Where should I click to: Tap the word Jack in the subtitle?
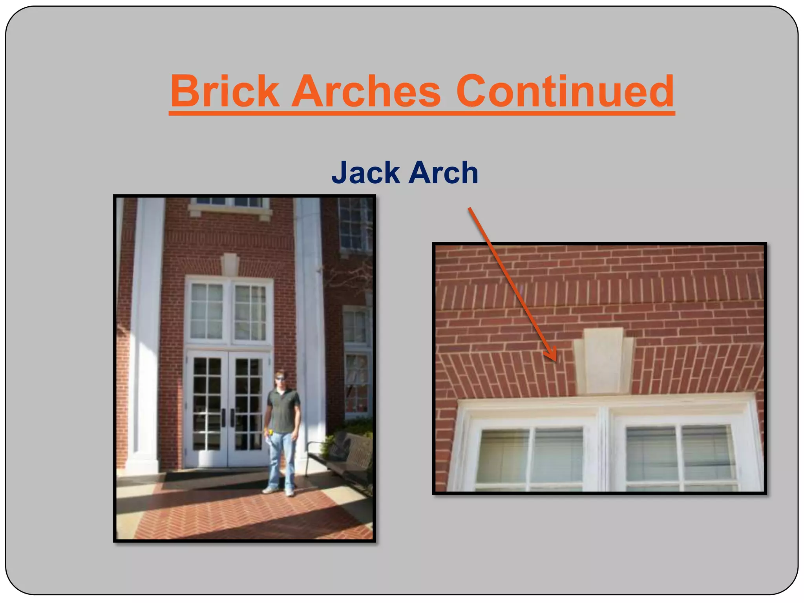[x=365, y=173]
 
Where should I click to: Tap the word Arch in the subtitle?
[x=443, y=173]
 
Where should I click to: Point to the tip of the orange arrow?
[x=555, y=360]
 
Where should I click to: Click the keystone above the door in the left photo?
[x=230, y=264]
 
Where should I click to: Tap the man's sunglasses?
[x=280, y=378]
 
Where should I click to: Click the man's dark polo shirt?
[x=283, y=410]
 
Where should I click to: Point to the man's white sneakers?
[x=279, y=491]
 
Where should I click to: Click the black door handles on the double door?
[x=228, y=418]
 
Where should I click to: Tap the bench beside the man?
[x=345, y=457]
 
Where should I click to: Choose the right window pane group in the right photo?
[x=680, y=455]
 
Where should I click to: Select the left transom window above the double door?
[x=207, y=311]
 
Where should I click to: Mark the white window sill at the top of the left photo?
[x=230, y=212]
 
